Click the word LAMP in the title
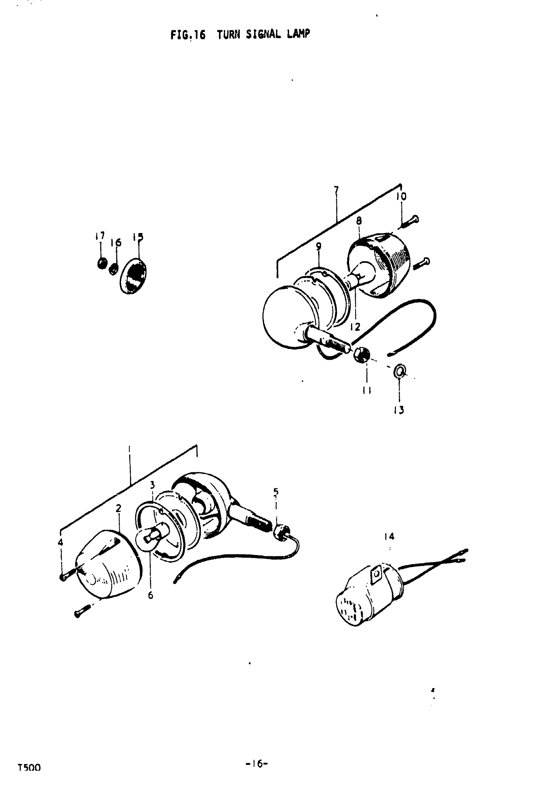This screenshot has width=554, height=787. [x=299, y=34]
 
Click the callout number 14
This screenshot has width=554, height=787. [x=389, y=536]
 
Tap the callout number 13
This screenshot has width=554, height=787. [x=399, y=410]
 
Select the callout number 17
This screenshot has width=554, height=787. [x=100, y=236]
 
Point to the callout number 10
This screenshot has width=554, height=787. [x=401, y=197]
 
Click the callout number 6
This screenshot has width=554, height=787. [x=151, y=595]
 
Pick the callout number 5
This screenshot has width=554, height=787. [x=276, y=491]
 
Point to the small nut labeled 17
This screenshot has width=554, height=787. [x=102, y=263]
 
